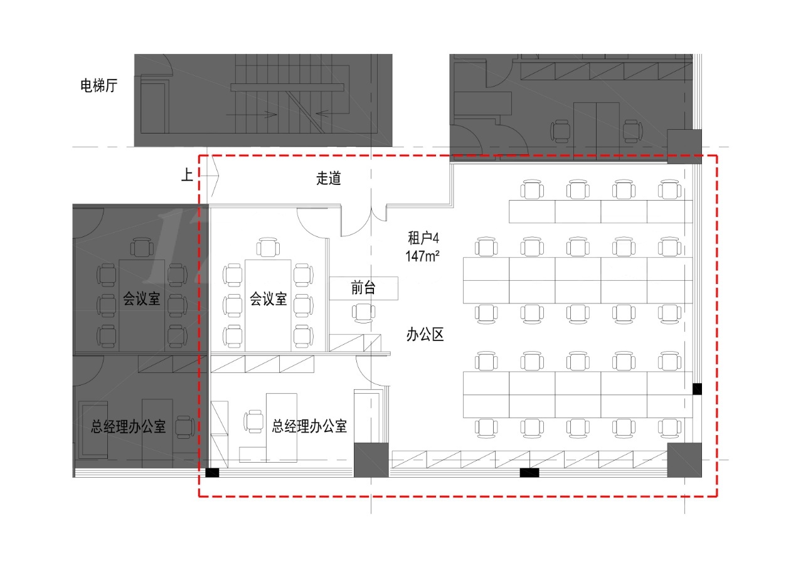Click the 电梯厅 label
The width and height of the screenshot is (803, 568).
tap(98, 86)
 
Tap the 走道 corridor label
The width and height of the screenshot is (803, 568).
tap(328, 178)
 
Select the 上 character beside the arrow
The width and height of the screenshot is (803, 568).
tap(187, 175)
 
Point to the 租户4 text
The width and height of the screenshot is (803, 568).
tap(423, 238)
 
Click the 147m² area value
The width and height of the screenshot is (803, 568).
tap(422, 256)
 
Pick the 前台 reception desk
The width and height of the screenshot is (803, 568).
tap(363, 288)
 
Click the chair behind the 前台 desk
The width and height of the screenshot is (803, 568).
tap(363, 313)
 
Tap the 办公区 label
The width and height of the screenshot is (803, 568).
tap(425, 335)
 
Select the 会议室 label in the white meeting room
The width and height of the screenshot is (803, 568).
tap(268, 298)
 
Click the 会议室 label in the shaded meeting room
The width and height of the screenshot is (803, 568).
tap(141, 298)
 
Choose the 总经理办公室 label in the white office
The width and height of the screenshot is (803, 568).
tap(309, 426)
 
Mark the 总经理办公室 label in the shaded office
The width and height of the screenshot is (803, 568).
tap(129, 426)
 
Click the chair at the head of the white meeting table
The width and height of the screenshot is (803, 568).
tap(268, 247)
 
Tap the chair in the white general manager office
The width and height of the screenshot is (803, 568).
tap(253, 421)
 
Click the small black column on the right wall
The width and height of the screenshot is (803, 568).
tap(697, 389)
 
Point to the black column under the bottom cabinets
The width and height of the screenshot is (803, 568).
tap(529, 473)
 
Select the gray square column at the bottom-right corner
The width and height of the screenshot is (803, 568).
tap(684, 460)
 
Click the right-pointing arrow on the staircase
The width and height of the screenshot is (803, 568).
tap(251, 115)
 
